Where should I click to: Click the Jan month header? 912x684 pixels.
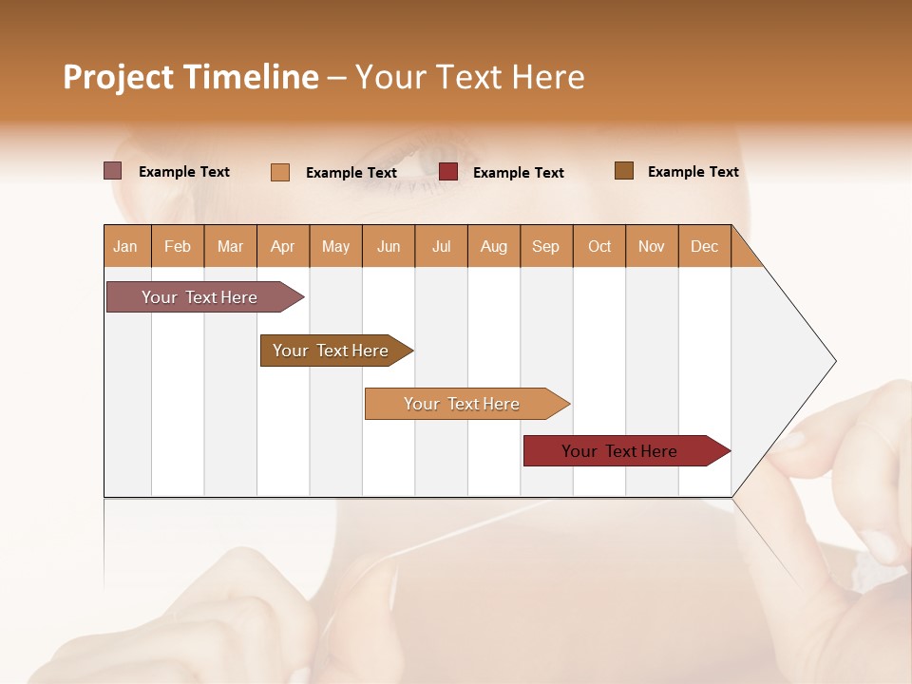[x=126, y=246]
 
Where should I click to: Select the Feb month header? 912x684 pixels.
[x=178, y=246]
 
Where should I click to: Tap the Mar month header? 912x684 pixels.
[x=230, y=246]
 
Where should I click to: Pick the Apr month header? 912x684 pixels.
[x=283, y=246]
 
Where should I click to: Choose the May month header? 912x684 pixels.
[x=335, y=246]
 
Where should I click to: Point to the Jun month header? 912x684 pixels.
[x=389, y=246]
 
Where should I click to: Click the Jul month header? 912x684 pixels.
[x=441, y=246]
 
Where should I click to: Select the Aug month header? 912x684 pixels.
[x=494, y=246]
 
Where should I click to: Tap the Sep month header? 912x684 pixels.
[x=546, y=246]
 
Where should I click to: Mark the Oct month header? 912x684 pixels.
[x=599, y=246]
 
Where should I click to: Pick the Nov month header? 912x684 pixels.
[x=652, y=246]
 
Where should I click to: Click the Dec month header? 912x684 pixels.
[x=704, y=246]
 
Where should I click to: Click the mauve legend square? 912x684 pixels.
[x=112, y=171]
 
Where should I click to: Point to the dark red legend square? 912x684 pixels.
[x=448, y=172]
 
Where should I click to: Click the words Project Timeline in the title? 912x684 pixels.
[x=191, y=77]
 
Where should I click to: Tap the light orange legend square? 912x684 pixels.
[x=280, y=172]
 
